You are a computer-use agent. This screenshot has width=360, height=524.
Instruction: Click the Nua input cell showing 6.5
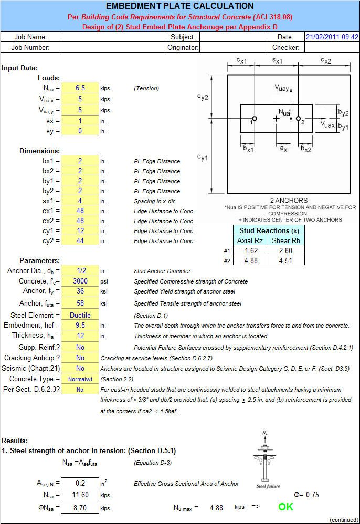(80, 88)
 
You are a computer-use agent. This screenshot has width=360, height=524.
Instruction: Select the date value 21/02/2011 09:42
(332, 37)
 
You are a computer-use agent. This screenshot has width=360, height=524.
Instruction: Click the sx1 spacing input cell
(80, 201)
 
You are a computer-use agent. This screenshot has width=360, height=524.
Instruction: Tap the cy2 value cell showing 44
(80, 241)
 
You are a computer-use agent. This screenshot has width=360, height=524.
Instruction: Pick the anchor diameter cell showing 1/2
(80, 271)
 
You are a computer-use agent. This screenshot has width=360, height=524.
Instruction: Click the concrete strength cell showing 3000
(80, 281)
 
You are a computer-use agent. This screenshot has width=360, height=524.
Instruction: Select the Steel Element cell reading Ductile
(80, 315)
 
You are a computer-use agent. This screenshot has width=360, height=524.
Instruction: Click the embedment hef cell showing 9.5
(80, 326)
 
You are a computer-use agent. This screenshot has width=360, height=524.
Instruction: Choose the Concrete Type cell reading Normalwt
(80, 379)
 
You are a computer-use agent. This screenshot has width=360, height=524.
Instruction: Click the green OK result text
(285, 507)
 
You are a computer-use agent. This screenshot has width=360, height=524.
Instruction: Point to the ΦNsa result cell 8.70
(80, 508)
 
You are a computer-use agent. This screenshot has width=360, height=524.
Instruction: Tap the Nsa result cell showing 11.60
(80, 495)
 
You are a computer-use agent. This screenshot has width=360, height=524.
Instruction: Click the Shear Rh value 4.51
(285, 261)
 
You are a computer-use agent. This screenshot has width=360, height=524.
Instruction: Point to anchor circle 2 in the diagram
(297, 119)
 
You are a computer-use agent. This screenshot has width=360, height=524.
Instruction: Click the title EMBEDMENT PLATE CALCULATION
(179, 6)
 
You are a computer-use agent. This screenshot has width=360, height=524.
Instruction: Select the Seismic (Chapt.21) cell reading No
(80, 369)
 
